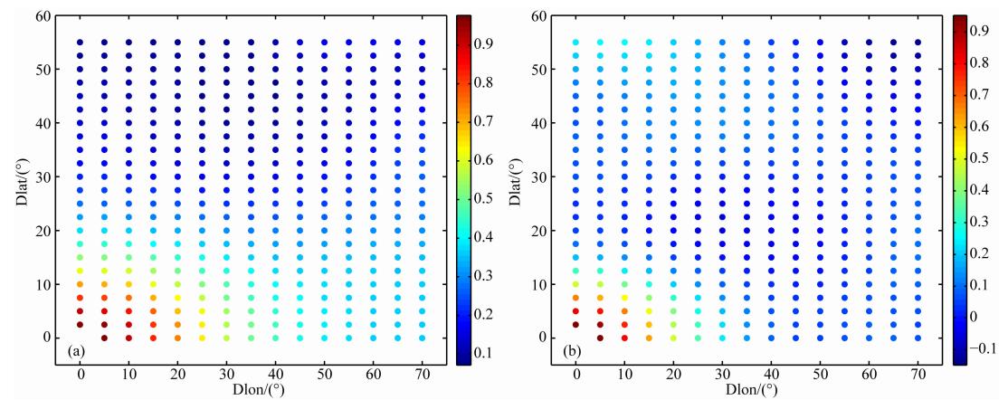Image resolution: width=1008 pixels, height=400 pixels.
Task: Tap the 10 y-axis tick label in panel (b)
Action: (x=537, y=284)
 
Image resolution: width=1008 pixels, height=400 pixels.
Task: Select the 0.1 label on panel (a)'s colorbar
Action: (x=484, y=352)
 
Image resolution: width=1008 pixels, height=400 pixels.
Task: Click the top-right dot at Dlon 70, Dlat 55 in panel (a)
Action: (x=422, y=43)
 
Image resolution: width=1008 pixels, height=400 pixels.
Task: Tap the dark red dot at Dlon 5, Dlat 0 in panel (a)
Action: (x=104, y=338)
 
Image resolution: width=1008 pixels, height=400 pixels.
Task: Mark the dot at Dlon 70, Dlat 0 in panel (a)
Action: (x=422, y=338)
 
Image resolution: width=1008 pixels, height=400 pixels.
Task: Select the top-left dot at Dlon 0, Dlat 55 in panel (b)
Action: (x=575, y=43)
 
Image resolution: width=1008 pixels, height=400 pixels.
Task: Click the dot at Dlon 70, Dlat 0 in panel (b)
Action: (x=918, y=338)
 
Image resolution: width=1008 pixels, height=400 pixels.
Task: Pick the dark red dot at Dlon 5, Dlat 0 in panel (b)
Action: (x=600, y=338)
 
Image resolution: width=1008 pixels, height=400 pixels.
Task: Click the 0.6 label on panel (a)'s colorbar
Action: (x=484, y=160)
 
